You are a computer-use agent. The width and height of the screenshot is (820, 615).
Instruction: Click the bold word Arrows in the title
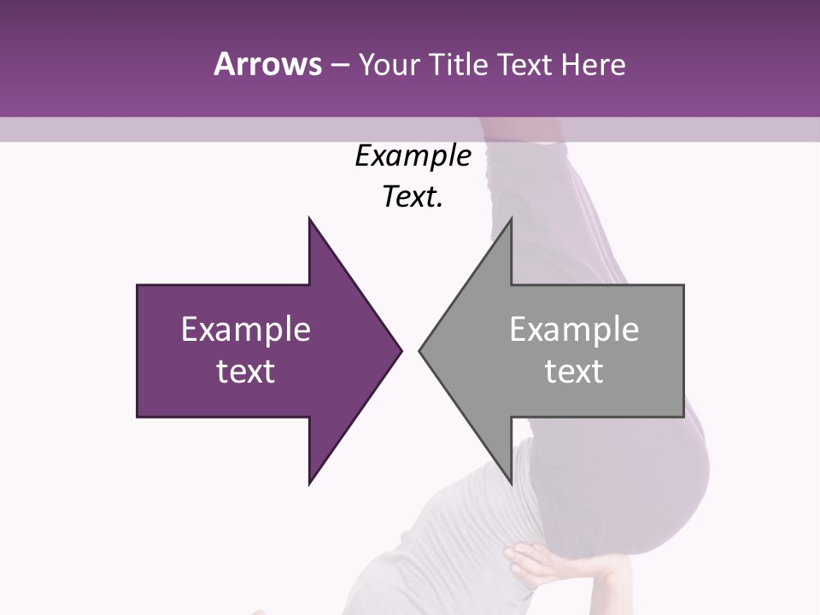pyautogui.click(x=266, y=64)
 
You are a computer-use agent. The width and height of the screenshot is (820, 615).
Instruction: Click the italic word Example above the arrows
pyautogui.click(x=413, y=156)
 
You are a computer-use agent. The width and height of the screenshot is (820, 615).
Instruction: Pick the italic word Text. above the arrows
pyautogui.click(x=413, y=197)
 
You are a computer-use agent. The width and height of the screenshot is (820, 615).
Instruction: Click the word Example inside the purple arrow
pyautogui.click(x=245, y=329)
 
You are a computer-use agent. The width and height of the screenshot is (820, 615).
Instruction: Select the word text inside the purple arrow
pyautogui.click(x=245, y=371)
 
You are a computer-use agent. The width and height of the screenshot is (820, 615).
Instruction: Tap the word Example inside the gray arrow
pyautogui.click(x=574, y=329)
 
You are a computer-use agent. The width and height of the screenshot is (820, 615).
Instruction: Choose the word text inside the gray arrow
pyautogui.click(x=574, y=371)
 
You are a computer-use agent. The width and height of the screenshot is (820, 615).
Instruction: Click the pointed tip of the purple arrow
pyautogui.click(x=400, y=350)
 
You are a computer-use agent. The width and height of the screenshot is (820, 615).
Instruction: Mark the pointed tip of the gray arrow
pyautogui.click(x=420, y=350)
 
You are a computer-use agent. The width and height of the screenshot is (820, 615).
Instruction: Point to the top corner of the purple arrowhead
pyautogui.click(x=309, y=219)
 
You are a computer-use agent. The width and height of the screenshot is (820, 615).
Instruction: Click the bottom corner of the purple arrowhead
pyautogui.click(x=309, y=483)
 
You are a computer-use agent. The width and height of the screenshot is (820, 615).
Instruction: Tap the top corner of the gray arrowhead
pyautogui.click(x=511, y=219)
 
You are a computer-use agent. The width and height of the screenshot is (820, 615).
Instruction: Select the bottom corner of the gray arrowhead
pyautogui.click(x=511, y=483)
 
